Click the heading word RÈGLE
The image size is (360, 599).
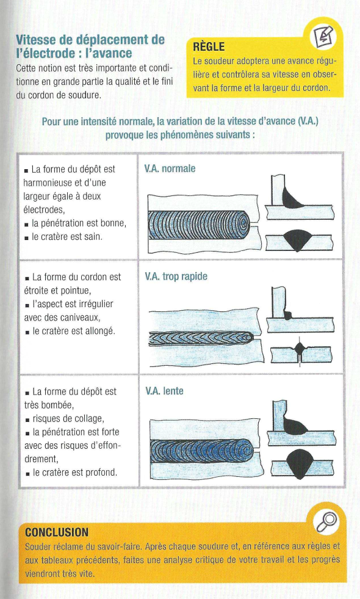point(209,46)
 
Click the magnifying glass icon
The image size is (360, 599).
point(327,523)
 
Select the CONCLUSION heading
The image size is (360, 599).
point(57,532)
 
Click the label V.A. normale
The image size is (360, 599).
point(170,169)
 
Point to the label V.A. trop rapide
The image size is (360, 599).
point(176,276)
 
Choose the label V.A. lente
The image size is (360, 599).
point(164,391)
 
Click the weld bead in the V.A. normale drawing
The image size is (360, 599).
point(199,225)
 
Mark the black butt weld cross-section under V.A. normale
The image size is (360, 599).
point(297,240)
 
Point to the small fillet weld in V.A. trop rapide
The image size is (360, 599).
point(288,315)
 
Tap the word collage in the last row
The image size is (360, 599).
point(90,419)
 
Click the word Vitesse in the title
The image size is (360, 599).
point(35,39)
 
